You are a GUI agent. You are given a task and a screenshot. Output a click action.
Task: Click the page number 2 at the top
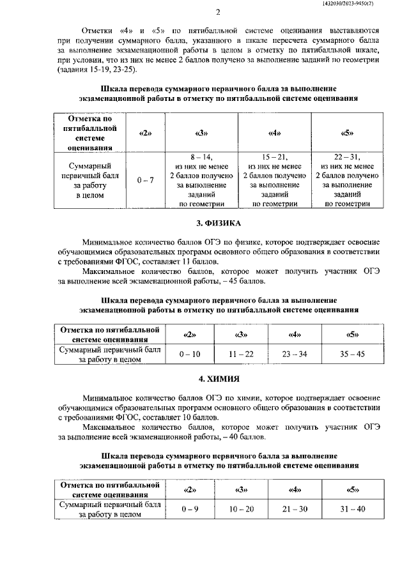[218, 12]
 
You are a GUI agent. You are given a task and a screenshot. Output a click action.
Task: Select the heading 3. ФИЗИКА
[218, 224]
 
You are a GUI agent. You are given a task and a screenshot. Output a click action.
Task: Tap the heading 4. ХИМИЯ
[218, 379]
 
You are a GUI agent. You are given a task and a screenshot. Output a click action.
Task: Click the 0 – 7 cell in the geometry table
[146, 181]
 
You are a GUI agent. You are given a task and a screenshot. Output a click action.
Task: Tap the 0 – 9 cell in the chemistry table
[190, 508]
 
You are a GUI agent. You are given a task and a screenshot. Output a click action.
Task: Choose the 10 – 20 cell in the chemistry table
[242, 508]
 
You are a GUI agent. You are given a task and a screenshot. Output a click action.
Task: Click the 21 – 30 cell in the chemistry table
[295, 508]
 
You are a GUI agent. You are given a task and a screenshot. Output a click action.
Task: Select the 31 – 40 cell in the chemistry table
[350, 508]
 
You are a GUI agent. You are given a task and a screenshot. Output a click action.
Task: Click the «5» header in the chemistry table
[350, 490]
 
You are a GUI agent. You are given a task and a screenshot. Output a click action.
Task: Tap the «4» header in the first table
[275, 133]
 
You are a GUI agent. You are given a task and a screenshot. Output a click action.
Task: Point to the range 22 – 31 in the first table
[348, 157]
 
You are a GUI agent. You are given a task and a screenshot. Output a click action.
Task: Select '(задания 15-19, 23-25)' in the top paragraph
[96, 70]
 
